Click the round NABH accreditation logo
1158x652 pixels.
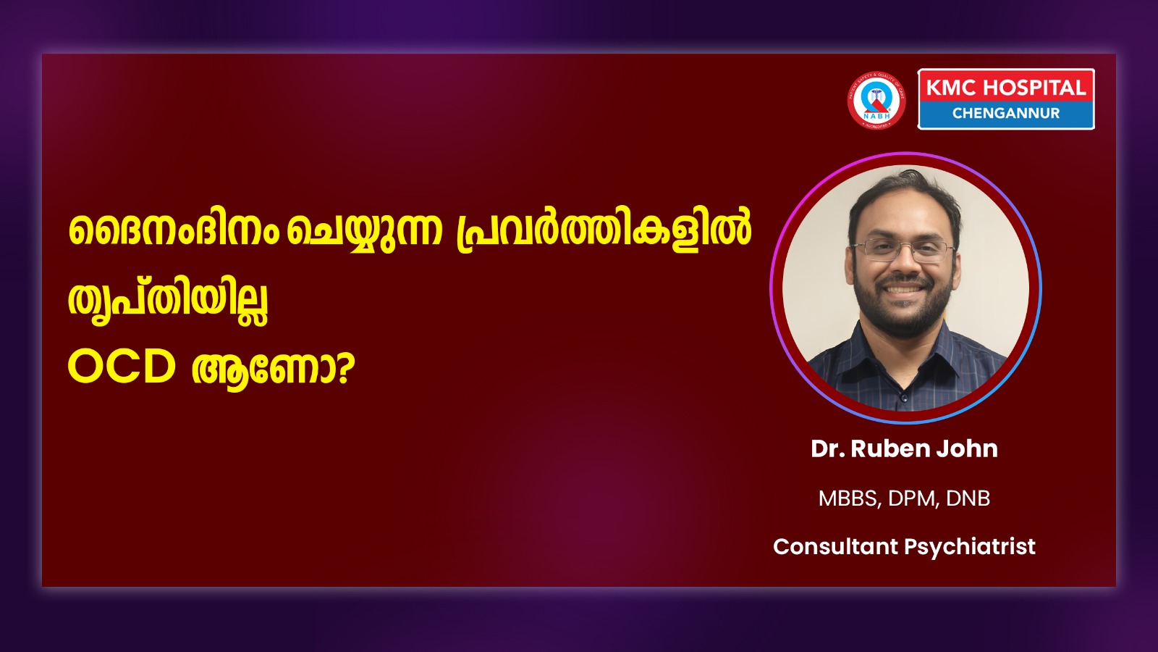click(876, 100)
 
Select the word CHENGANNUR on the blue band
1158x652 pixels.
click(1006, 113)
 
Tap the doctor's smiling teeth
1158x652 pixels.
click(902, 289)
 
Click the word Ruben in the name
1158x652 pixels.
click(884, 448)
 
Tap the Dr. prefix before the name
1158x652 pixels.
click(828, 448)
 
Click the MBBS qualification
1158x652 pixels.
click(848, 498)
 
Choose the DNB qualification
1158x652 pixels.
click(968, 498)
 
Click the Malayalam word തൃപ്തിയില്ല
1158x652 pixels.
click(168, 301)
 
